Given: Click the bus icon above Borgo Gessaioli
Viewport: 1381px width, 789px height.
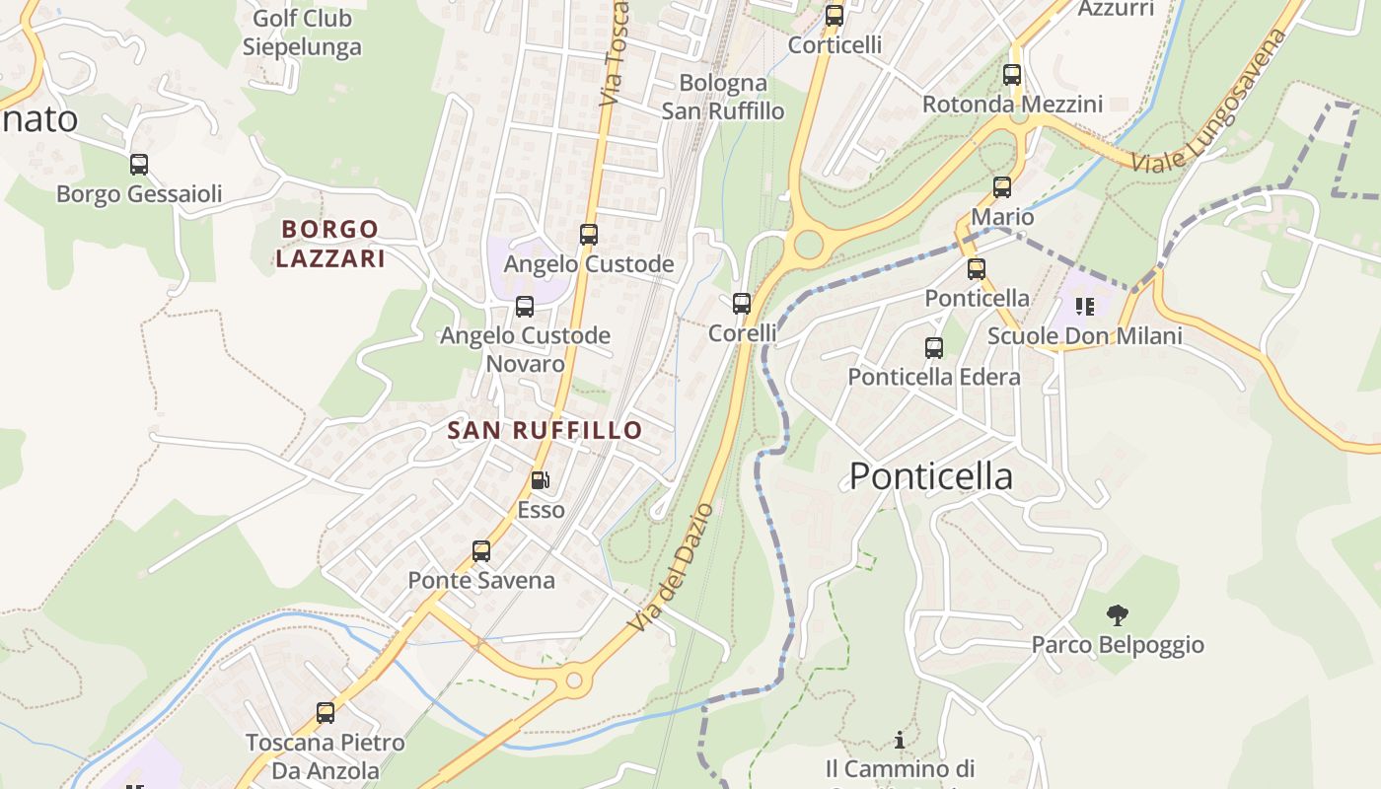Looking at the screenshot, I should (139, 165).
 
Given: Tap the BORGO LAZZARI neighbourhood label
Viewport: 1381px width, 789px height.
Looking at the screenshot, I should (330, 244).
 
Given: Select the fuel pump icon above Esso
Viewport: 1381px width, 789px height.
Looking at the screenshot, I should (541, 480).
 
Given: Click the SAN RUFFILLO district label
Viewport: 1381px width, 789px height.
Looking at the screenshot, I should (545, 430).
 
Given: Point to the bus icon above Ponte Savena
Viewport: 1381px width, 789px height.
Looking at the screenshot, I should (481, 551).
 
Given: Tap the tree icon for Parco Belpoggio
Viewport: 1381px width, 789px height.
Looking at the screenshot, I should (1117, 615).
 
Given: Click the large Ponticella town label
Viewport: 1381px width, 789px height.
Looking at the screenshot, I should (930, 476).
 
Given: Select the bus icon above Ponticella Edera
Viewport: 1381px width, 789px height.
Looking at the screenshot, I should (934, 347).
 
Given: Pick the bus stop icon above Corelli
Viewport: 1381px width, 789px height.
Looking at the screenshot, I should (742, 304).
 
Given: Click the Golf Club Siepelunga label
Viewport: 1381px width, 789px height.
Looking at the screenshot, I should (302, 33).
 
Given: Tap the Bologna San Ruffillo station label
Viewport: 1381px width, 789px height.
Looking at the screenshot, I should (723, 97).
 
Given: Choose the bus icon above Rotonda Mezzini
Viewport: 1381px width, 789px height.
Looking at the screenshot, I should (1012, 75).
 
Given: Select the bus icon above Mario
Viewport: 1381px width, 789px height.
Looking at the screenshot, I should (1002, 187).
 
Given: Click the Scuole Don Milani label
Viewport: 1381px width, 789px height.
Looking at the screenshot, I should (1085, 336).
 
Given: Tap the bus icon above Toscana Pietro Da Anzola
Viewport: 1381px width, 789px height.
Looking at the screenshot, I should (326, 712).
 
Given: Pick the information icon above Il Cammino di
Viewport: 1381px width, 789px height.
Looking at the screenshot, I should (899, 739).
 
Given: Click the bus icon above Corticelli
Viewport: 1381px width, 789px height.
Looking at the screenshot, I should (835, 16).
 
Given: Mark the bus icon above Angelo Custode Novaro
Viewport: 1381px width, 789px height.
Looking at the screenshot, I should (525, 307).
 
